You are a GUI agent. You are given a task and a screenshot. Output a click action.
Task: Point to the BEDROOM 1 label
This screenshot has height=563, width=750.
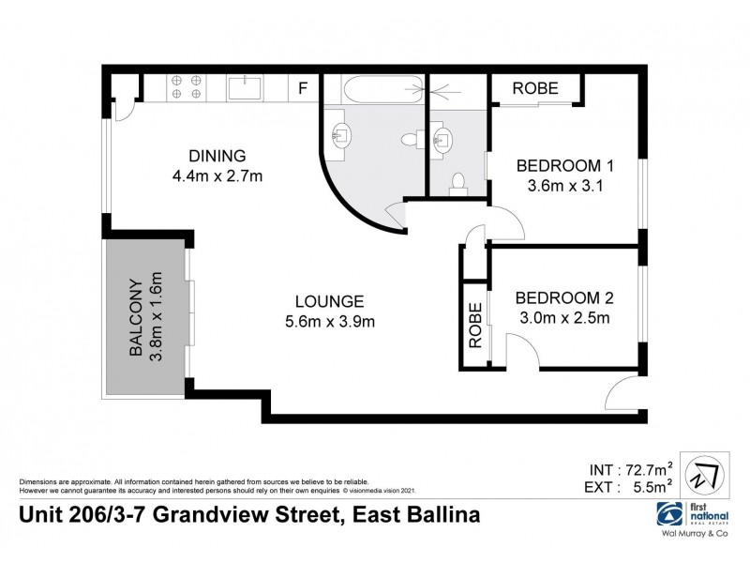565,166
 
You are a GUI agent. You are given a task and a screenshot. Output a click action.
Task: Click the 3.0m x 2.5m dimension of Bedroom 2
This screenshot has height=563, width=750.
563,318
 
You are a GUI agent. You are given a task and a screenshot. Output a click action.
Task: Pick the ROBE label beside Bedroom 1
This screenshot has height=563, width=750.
535,89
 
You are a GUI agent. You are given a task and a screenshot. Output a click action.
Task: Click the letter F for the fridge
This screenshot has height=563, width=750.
302,89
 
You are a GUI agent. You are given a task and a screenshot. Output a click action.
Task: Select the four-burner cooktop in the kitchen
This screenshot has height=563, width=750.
185,86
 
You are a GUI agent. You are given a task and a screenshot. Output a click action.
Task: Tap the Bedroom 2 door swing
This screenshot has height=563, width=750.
520,352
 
